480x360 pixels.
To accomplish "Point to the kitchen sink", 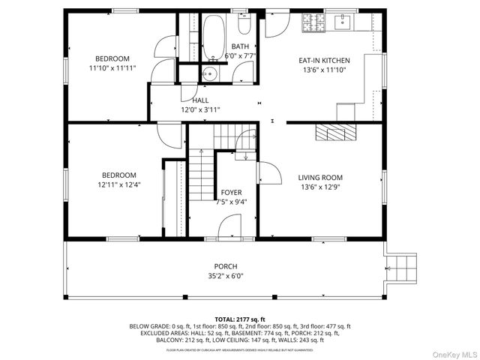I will (x=344, y=23).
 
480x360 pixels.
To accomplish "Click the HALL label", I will (x=200, y=100).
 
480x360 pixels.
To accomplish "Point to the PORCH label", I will (x=226, y=266).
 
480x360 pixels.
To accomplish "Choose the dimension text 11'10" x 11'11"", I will (x=112, y=68).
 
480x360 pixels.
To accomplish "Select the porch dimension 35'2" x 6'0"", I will (x=226, y=276).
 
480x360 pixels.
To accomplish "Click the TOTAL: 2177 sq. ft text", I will (x=240, y=319).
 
